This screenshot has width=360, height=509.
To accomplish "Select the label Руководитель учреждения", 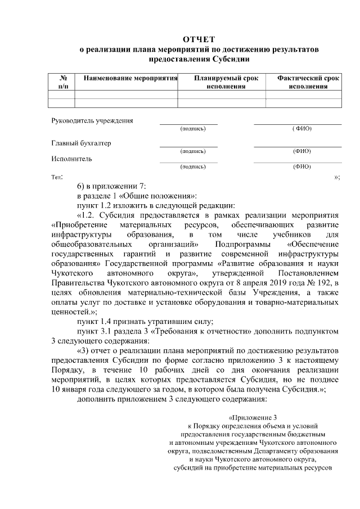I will pos(92,121).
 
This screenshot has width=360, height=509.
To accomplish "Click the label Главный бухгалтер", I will pos(81,143).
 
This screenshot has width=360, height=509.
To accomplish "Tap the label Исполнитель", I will pos(71,158).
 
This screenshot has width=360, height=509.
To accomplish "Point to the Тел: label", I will pos(56,177).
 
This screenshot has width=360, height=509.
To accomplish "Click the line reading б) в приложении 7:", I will pos(111,186).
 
